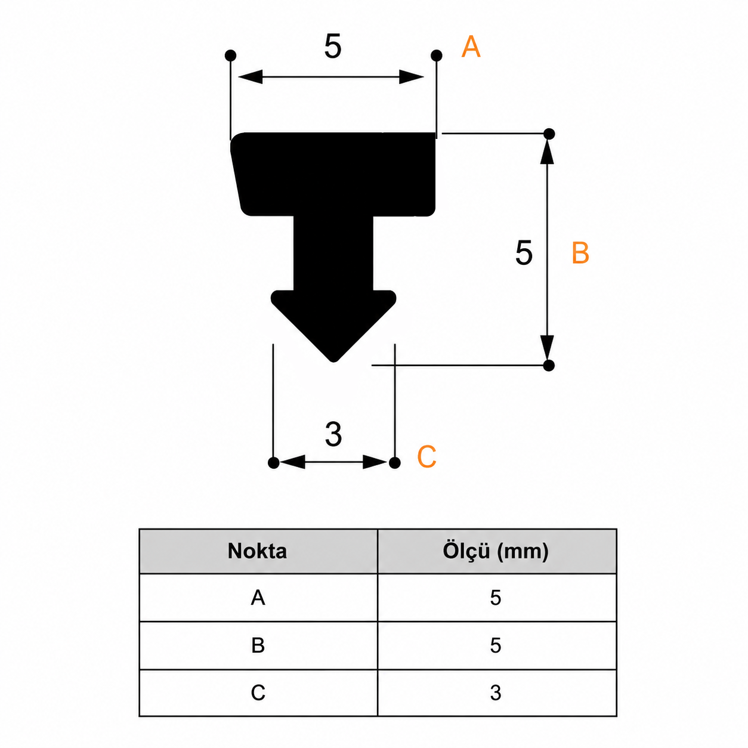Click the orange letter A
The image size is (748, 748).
471,47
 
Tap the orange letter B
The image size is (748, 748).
580,253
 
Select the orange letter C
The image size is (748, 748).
426,456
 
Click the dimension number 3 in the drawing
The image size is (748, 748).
333,434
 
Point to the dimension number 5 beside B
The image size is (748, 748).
524,253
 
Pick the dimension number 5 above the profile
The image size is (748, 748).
333,47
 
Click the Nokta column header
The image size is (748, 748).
257,551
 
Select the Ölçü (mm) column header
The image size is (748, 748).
496,551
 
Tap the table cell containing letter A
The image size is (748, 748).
258,598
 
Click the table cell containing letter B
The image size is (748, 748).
258,645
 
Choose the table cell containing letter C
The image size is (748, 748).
258,693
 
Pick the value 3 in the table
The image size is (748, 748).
496,693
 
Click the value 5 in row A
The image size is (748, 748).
496,598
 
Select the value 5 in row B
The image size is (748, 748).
496,645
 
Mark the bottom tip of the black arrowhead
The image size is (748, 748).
333,362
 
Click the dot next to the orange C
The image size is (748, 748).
395,463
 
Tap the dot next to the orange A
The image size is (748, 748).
437,55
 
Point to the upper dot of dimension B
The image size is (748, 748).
549,134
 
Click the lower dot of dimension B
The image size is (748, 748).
549,365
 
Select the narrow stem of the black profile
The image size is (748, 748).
333,253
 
